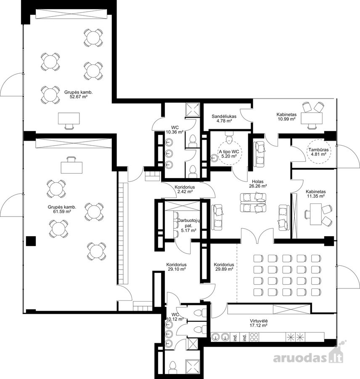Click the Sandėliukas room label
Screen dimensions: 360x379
224,116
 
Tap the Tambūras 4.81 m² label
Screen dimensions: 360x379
318,152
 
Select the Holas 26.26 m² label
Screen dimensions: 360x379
258,184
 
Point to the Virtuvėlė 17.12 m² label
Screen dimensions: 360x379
259,323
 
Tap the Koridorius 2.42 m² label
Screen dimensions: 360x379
185,189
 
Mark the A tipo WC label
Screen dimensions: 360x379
229,152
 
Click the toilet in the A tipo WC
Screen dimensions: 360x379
229,136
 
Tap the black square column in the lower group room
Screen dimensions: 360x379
31,241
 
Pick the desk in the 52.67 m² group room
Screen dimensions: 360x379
69,118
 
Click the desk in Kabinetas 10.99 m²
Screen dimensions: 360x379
312,118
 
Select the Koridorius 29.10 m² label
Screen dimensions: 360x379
176,267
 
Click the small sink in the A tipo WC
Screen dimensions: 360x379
214,158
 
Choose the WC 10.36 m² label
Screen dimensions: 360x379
175,130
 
